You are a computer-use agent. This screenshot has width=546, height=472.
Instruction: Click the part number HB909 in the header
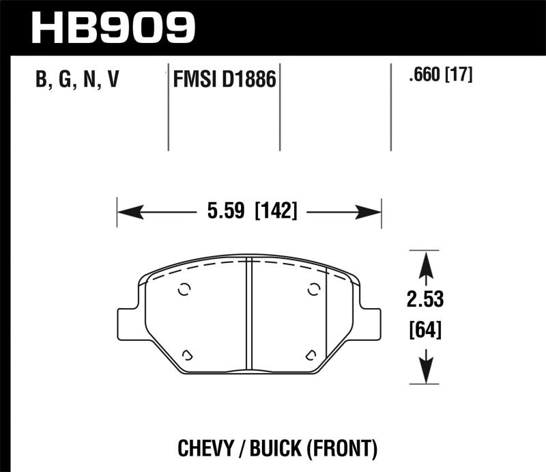click(x=113, y=27)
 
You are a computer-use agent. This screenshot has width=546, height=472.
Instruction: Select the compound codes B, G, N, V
click(x=76, y=81)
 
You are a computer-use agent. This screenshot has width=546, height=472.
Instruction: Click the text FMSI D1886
click(x=223, y=81)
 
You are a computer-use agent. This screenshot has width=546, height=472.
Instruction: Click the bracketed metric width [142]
click(x=276, y=212)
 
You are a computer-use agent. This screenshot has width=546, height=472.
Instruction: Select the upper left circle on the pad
click(x=183, y=290)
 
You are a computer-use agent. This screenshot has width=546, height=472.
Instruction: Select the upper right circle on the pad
click(x=313, y=290)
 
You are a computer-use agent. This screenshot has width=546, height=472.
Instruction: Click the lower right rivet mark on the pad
click(x=311, y=354)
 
